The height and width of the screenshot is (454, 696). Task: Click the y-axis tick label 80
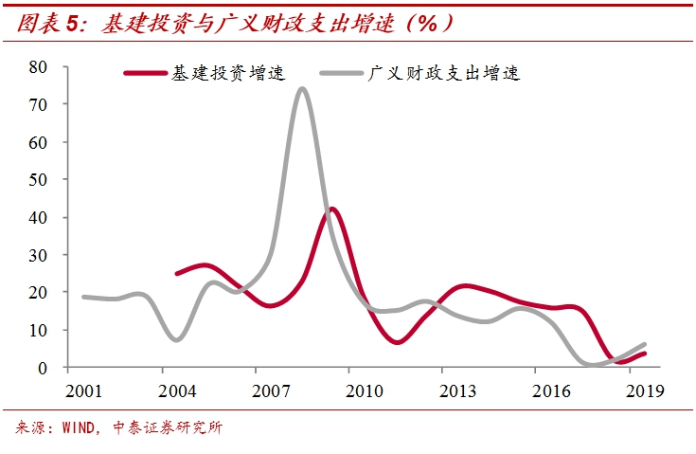click(x=37, y=66)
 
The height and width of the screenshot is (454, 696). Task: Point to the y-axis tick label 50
click(x=37, y=179)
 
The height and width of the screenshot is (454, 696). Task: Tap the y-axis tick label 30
click(x=37, y=254)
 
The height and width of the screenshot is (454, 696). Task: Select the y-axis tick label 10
click(x=37, y=330)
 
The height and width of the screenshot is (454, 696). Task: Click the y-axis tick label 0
click(x=42, y=368)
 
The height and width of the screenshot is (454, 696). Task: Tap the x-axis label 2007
click(x=273, y=390)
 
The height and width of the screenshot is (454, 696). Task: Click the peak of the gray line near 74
click(x=301, y=89)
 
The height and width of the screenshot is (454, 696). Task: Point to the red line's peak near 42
click(x=332, y=209)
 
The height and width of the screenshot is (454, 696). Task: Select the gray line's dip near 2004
click(x=178, y=338)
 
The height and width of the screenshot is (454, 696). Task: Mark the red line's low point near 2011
click(x=396, y=341)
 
